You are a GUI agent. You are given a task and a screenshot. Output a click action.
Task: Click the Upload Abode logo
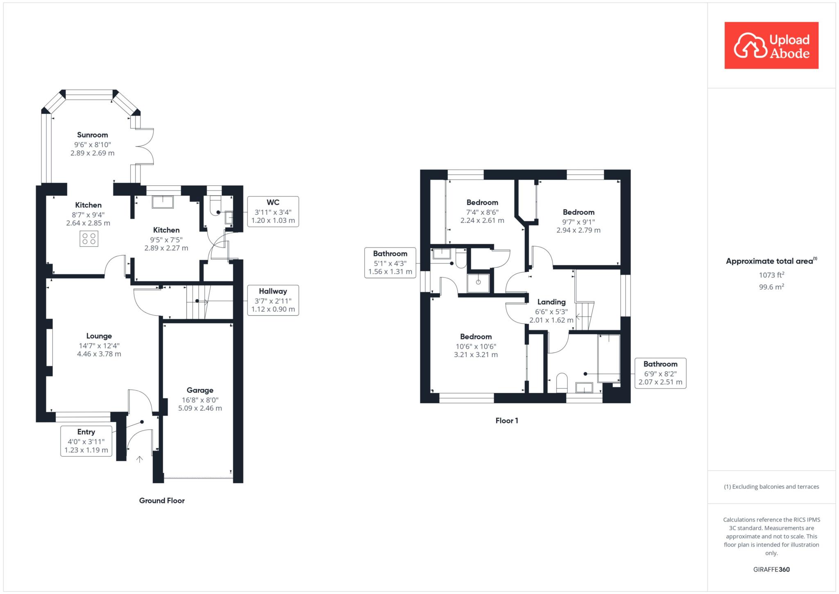click(771, 46)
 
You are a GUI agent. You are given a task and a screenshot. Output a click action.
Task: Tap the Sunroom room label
click(93, 135)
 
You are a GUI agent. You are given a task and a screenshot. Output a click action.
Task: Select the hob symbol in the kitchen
click(89, 239)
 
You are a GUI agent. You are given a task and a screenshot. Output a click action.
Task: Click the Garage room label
click(200, 390)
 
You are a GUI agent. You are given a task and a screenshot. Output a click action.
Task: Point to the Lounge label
click(99, 336)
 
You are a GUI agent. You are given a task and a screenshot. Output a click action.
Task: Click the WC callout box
click(273, 212)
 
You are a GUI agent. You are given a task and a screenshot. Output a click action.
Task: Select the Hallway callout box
click(273, 300)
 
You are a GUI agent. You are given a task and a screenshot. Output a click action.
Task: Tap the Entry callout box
click(86, 441)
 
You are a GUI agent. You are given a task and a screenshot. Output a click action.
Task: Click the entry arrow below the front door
click(139, 459)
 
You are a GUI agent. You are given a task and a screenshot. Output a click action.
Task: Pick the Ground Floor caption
click(162, 501)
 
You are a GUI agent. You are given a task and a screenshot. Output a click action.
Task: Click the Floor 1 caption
click(507, 421)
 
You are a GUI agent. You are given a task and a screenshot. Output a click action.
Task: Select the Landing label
click(551, 302)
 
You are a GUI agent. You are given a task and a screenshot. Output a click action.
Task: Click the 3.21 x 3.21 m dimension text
click(476, 355)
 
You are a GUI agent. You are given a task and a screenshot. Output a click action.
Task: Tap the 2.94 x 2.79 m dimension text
click(578, 230)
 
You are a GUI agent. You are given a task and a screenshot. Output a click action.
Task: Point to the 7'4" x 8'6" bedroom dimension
click(482, 212)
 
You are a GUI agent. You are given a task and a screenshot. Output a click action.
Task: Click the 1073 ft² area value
click(771, 275)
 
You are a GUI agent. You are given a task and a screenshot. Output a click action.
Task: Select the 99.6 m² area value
click(771, 287)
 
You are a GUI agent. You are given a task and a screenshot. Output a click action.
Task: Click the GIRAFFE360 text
click(771, 569)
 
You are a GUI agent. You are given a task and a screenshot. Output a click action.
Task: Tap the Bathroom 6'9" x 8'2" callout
click(660, 373)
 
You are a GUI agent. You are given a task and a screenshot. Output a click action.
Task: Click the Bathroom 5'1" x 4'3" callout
click(390, 263)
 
